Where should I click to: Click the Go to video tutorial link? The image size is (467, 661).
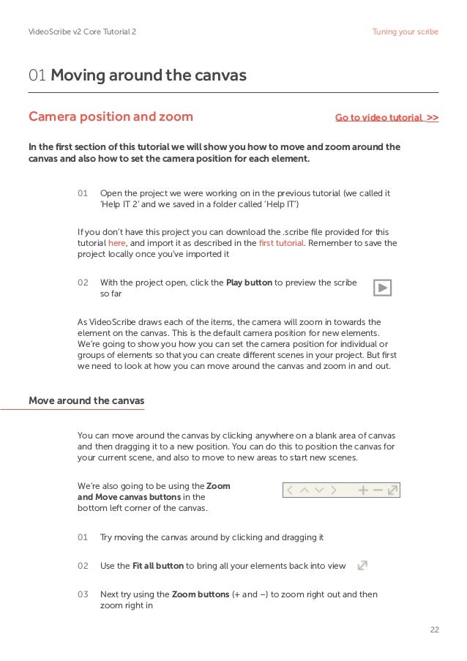[x=386, y=117]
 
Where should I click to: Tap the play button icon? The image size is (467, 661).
[x=382, y=288]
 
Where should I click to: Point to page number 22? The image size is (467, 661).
[x=433, y=630]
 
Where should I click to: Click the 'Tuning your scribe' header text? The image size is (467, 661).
[x=405, y=32]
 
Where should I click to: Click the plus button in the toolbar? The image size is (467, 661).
[x=363, y=490]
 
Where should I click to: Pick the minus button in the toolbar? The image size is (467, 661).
[x=378, y=490]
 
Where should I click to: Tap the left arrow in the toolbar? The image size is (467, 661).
[x=291, y=490]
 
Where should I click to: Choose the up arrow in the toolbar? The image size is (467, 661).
[x=305, y=490]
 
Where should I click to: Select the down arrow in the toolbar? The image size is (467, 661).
[x=319, y=490]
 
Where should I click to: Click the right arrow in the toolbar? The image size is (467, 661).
[x=334, y=490]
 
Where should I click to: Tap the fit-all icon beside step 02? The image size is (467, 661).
[x=362, y=565]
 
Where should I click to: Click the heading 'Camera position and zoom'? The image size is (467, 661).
[x=111, y=117]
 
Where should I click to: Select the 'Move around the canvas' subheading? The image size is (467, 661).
[x=86, y=400]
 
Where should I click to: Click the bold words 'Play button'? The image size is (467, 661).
[x=249, y=282]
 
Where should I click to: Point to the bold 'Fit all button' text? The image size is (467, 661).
[x=157, y=566]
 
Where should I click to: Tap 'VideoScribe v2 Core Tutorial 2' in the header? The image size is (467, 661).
[x=81, y=32]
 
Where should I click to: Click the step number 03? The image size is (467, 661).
[x=83, y=594]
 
